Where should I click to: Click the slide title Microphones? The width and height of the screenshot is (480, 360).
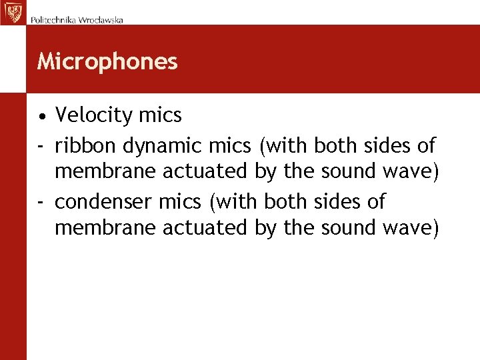107,61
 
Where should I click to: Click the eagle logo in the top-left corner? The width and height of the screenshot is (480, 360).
12,12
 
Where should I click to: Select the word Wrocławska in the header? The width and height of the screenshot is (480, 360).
101,20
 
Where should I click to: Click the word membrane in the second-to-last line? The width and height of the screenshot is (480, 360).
105,172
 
